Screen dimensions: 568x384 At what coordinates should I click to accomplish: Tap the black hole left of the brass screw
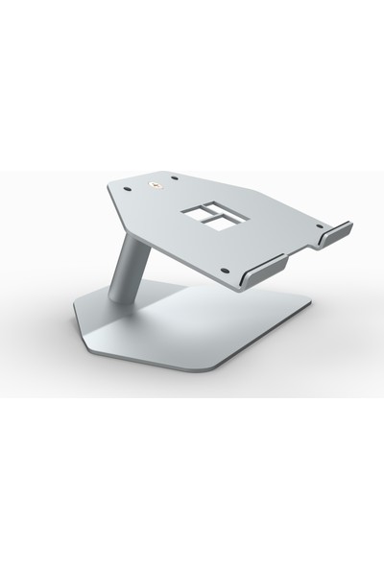(127, 190)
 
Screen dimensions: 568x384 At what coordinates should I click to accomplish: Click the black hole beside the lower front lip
(223, 270)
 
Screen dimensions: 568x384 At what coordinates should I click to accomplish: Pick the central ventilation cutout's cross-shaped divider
(217, 218)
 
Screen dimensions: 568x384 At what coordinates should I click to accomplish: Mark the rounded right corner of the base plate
(308, 306)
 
